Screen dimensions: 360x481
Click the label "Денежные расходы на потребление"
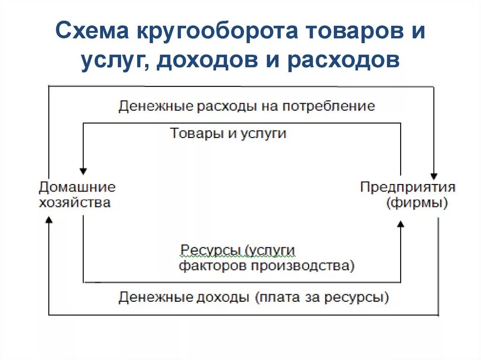(x=247, y=106)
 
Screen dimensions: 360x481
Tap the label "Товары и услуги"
(x=228, y=133)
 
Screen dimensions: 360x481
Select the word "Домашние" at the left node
(x=77, y=187)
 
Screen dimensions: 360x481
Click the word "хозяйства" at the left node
(x=75, y=203)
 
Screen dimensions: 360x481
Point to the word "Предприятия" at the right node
(x=408, y=187)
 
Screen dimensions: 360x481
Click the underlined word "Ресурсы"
(x=210, y=250)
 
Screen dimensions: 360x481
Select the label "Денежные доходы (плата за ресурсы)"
(x=254, y=297)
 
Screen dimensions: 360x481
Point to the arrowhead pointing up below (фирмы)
(x=400, y=225)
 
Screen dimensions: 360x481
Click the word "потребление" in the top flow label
(x=328, y=106)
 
